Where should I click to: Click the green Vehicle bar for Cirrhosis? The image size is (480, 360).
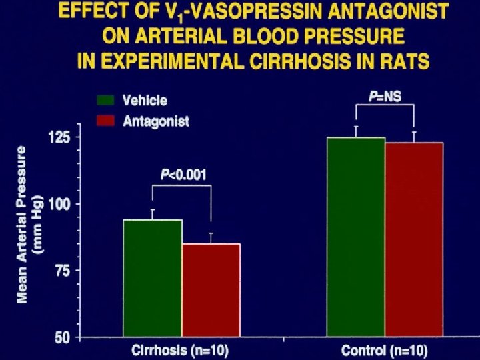click(x=153, y=278)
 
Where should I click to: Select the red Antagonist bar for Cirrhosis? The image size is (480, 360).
click(x=211, y=290)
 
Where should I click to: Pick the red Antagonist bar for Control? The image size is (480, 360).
click(x=414, y=239)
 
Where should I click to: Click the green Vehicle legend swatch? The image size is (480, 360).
click(x=106, y=101)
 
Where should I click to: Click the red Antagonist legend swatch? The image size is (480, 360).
click(x=106, y=121)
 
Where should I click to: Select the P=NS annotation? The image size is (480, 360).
click(x=385, y=97)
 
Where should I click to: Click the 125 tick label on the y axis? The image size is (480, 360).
click(x=61, y=137)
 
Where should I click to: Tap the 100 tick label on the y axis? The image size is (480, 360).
click(x=61, y=203)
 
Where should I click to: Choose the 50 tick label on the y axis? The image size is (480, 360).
click(x=65, y=337)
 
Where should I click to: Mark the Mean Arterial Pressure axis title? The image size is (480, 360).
click(x=29, y=224)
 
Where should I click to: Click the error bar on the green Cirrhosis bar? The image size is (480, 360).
click(x=153, y=214)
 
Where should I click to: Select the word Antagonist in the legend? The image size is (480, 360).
click(x=156, y=121)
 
